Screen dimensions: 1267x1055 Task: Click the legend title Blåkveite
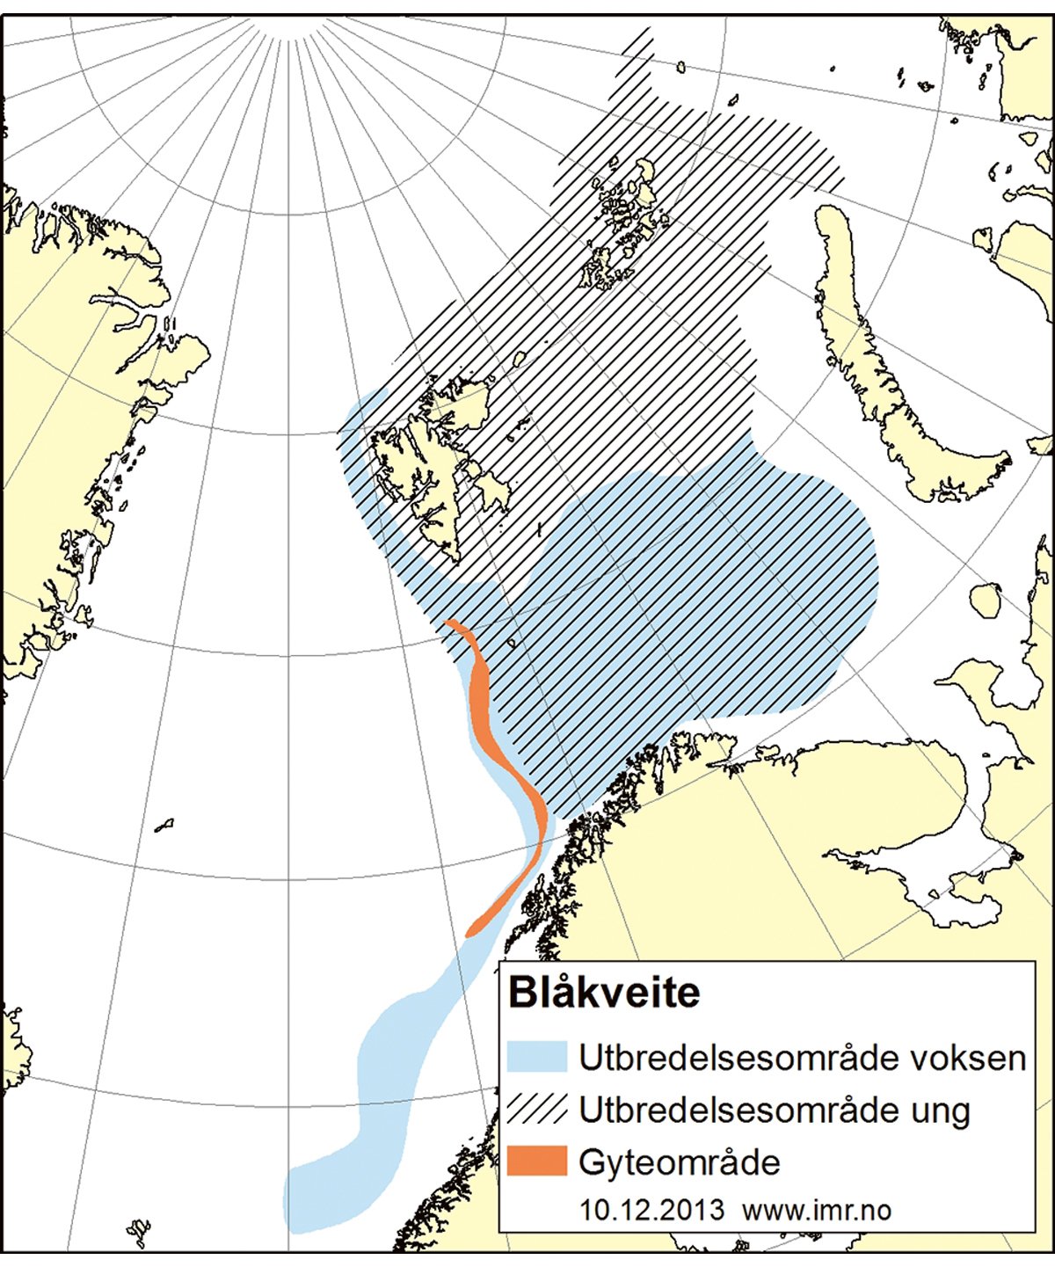(604, 993)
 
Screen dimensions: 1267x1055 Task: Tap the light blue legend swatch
(536, 1056)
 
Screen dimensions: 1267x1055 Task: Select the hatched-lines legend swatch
(536, 1109)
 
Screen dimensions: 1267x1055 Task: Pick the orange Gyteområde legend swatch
(536, 1161)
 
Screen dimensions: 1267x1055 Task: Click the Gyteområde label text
(680, 1162)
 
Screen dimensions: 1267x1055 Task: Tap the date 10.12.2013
(651, 1210)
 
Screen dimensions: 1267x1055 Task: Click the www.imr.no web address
(817, 1210)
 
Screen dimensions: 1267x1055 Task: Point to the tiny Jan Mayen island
(164, 826)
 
